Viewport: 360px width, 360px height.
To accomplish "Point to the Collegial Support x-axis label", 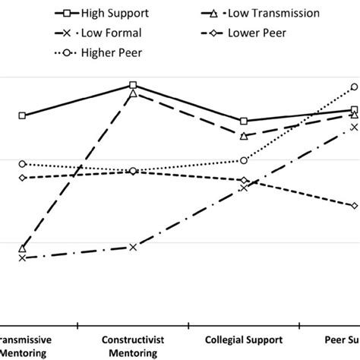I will coord(244,339).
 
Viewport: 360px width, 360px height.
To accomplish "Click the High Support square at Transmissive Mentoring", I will coord(22,115).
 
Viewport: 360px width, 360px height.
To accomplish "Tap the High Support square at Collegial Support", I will coord(244,122).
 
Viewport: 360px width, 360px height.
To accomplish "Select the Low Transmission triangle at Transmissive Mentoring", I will coord(22,248).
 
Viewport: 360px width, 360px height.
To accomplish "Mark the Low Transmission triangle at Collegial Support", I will coord(244,136).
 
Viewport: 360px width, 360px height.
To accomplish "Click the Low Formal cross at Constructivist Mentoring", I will coord(133,248).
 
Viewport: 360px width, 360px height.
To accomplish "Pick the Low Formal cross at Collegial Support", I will coord(244,187).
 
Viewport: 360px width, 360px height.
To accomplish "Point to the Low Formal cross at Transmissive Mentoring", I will coord(22,258).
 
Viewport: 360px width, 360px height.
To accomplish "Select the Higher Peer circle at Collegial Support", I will coord(244,160).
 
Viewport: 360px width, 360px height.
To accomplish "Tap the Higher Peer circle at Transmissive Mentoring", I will coord(22,164).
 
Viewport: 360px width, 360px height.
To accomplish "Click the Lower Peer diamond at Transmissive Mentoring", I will coord(22,178).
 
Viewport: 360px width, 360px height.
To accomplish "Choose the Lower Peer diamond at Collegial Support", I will coord(244,181).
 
